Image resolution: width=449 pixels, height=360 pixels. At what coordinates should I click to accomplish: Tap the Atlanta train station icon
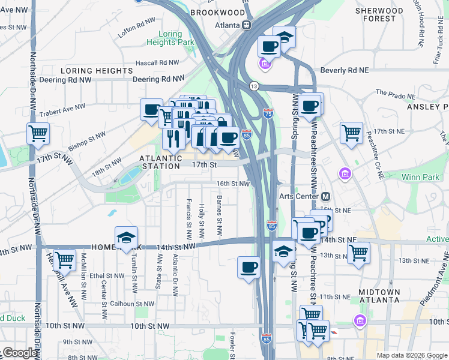[x=246, y=25]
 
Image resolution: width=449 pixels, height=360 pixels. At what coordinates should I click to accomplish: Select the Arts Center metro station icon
[x=326, y=197]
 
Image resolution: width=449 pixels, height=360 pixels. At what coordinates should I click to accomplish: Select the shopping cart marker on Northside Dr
[x=38, y=133]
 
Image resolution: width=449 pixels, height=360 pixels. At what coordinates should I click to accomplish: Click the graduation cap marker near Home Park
[x=126, y=238]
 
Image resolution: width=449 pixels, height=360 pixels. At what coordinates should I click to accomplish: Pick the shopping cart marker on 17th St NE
[x=351, y=133]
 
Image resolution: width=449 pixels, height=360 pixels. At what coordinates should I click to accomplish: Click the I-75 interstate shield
[x=268, y=112]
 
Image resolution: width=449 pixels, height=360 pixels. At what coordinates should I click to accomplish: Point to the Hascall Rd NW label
[x=157, y=62]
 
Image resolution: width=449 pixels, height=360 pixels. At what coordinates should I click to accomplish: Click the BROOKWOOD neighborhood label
[x=217, y=13]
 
